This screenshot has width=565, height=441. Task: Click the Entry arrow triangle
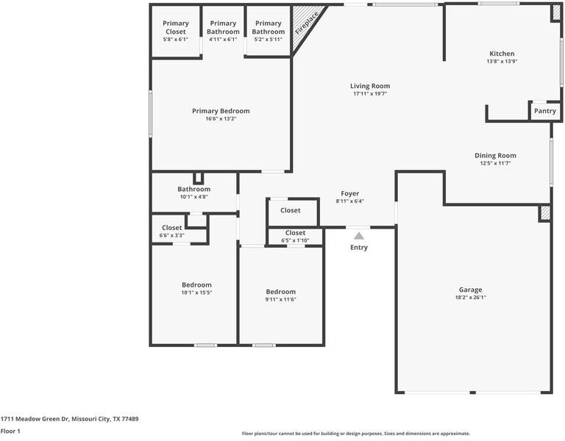[358, 236]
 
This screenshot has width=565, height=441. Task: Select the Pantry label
[545, 111]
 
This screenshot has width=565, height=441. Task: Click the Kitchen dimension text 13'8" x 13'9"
[502, 62]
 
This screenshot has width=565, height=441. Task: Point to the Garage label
[470, 290]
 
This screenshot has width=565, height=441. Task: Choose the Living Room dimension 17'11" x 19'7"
[370, 94]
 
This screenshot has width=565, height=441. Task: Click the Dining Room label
[495, 156]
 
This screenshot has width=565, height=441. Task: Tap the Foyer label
[350, 194]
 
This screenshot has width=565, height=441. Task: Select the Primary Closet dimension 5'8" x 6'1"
[176, 39]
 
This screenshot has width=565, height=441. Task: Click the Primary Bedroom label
[221, 111]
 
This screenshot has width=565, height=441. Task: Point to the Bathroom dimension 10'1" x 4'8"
[194, 197]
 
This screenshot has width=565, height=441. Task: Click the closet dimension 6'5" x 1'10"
[295, 240]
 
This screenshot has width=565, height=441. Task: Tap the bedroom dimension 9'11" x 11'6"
[281, 300]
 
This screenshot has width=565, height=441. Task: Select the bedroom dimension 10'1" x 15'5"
[196, 293]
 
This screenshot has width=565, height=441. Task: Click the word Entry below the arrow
[359, 247]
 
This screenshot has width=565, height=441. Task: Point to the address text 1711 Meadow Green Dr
[35, 419]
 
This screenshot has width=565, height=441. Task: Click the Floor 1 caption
[10, 431]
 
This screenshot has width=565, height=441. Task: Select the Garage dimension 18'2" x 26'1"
[470, 298]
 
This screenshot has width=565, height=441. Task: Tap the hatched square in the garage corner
[544, 213]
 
